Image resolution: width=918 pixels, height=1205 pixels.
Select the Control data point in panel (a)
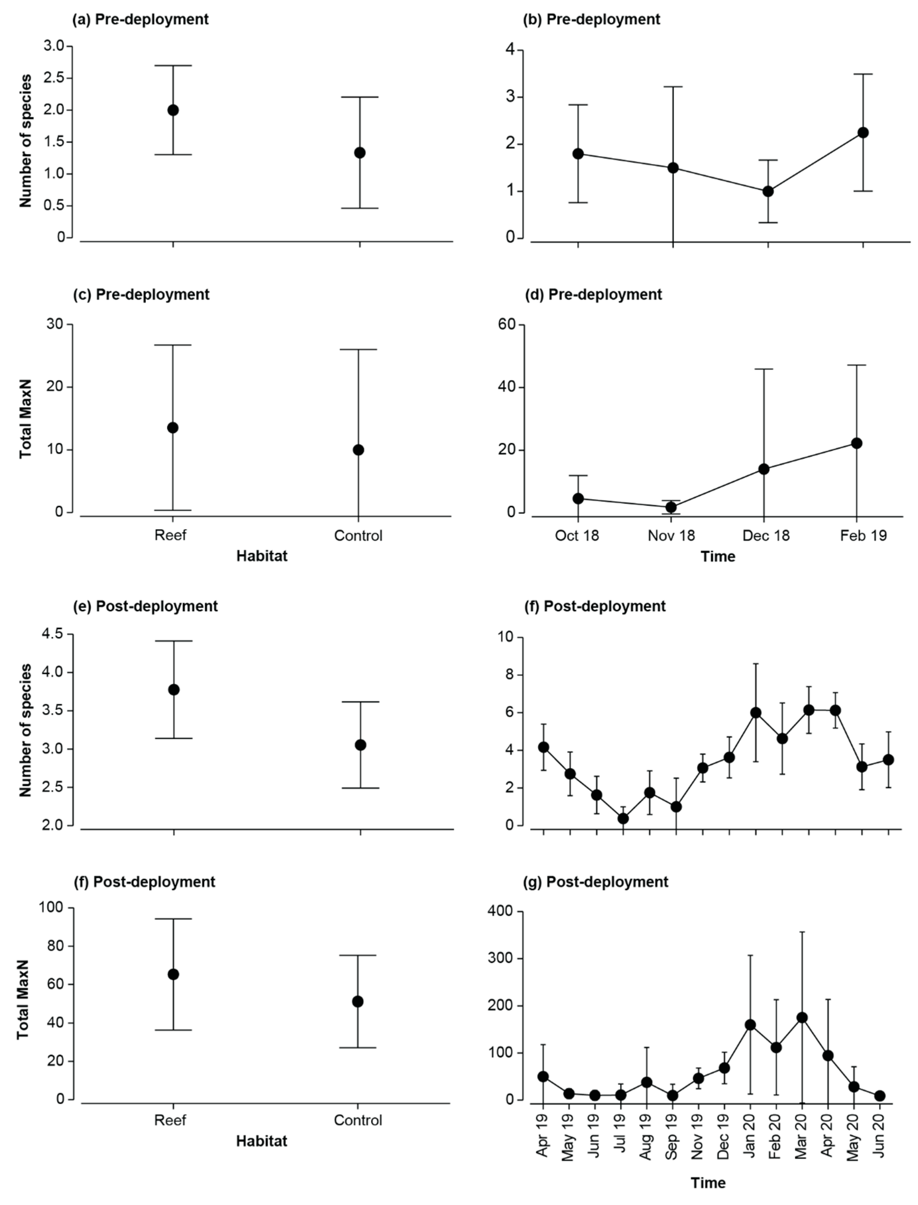coord(359,152)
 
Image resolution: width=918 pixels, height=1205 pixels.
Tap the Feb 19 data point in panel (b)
coord(863,133)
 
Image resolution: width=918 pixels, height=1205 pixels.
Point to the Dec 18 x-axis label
coord(766,535)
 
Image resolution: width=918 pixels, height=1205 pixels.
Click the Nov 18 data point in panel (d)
coord(671,507)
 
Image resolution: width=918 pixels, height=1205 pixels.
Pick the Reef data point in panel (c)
coord(173,427)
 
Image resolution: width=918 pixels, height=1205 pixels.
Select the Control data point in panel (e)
coord(360,744)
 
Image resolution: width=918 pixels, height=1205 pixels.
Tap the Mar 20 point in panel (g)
coord(802,1018)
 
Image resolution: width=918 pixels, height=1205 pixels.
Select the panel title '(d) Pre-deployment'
coord(604,294)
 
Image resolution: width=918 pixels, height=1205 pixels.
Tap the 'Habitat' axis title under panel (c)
coord(262,556)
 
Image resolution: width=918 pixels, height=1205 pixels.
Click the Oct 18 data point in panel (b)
coord(577,154)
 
